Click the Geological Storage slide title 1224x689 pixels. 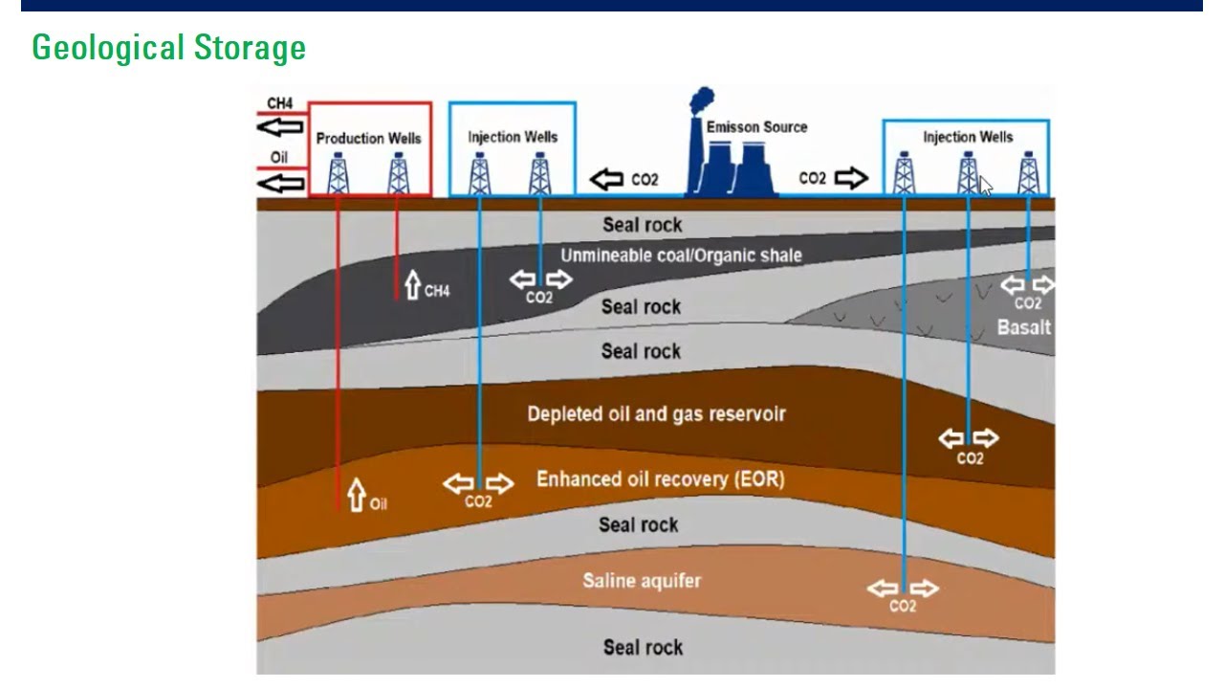168,47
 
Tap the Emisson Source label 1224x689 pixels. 756,127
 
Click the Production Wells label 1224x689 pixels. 368,138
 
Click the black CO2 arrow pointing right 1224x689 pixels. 850,178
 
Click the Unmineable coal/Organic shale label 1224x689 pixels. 681,256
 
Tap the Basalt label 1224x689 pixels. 1023,327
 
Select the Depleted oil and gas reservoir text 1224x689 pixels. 656,414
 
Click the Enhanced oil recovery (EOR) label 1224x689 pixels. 660,478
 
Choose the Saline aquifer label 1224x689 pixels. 642,580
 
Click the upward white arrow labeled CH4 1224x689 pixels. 413,284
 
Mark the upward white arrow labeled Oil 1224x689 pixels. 357,495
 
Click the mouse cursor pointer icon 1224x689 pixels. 986,186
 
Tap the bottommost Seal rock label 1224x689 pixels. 643,648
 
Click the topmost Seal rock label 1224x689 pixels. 642,225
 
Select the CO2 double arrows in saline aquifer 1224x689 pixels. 903,589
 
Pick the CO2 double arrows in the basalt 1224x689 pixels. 1027,284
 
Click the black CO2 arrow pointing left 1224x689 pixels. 606,179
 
